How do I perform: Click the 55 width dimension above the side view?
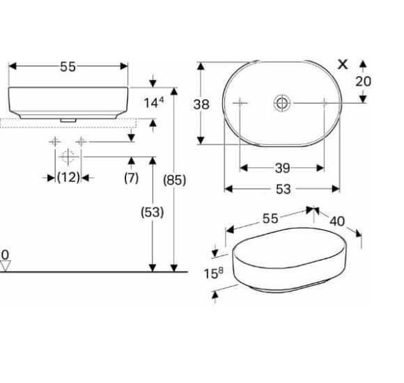click(x=68, y=67)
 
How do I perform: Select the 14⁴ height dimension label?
click(x=153, y=102)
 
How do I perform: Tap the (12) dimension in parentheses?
click(x=68, y=178)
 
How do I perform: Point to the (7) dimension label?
click(x=132, y=178)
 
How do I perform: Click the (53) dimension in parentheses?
click(x=153, y=212)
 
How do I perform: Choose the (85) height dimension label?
click(x=174, y=180)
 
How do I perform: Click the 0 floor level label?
click(x=5, y=255)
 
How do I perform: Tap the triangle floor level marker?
click(x=5, y=266)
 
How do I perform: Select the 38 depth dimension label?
click(x=201, y=104)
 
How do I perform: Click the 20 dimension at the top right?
click(x=364, y=81)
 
